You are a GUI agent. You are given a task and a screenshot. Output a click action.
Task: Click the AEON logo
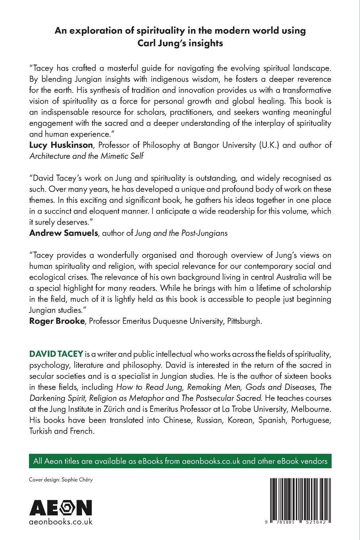(x=61, y=507)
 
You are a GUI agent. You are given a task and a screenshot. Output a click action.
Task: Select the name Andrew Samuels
(x=64, y=233)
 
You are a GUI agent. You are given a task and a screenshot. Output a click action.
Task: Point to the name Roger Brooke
(x=57, y=321)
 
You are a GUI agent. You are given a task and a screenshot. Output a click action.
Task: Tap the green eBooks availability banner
(x=180, y=461)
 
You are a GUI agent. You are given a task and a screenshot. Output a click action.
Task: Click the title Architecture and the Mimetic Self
(x=87, y=156)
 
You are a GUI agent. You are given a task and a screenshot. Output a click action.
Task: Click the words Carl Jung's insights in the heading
(x=180, y=43)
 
